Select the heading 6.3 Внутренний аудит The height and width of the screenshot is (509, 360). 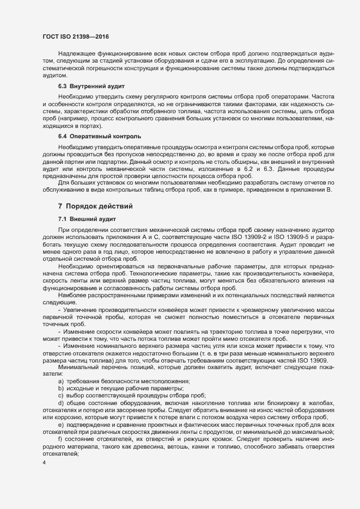pos(92,86)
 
